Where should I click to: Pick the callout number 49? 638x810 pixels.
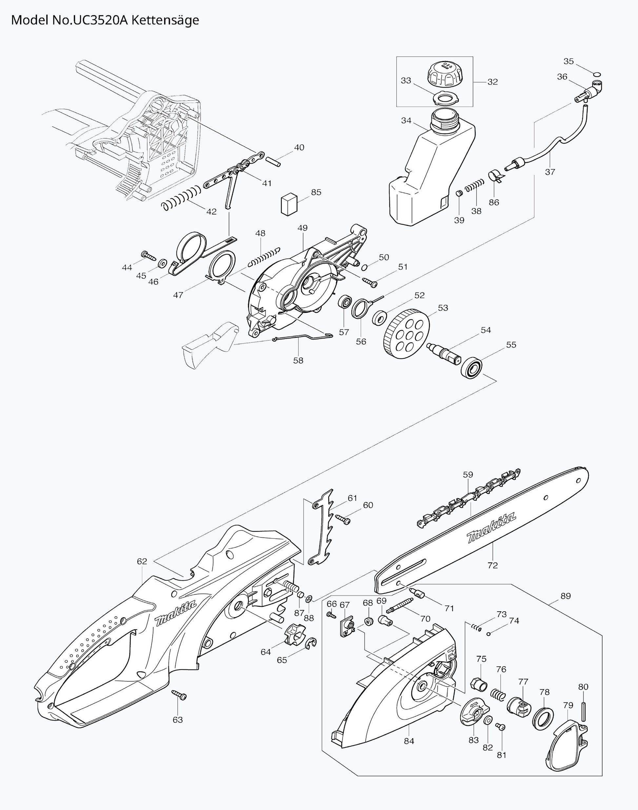(x=302, y=228)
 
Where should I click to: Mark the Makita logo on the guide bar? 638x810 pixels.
(x=491, y=528)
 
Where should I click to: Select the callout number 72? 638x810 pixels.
(x=493, y=565)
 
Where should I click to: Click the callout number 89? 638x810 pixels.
(x=566, y=596)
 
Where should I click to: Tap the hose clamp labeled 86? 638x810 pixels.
(x=495, y=175)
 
